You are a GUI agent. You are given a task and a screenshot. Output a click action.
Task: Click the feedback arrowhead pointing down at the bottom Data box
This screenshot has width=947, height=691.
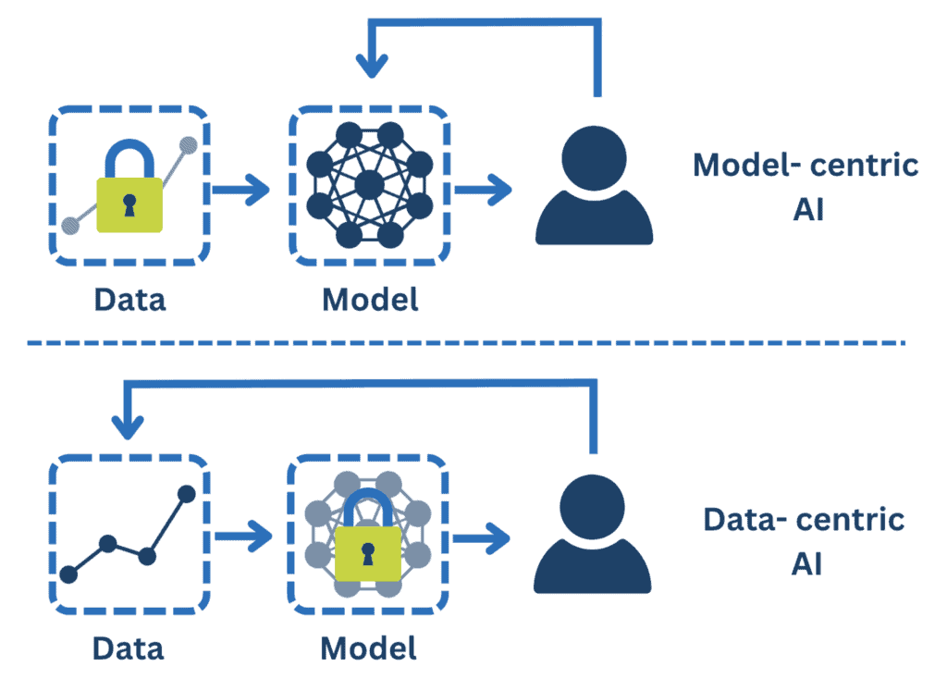[x=128, y=426]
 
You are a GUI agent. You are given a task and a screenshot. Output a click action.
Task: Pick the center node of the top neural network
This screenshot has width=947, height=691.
[x=368, y=183]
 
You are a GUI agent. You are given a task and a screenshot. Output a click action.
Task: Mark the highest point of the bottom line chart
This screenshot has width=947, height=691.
[x=186, y=494]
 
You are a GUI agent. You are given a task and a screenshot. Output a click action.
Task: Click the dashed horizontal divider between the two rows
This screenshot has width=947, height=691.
[x=462, y=343]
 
